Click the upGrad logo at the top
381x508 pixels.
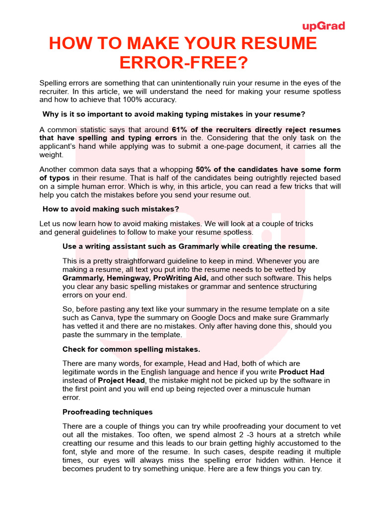coord(323,26)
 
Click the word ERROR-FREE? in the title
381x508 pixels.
coord(183,63)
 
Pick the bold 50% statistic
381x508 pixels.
coord(204,170)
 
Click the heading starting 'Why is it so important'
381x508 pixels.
coord(174,114)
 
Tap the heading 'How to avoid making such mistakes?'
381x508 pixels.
coord(111,209)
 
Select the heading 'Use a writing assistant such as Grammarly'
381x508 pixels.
coord(190,246)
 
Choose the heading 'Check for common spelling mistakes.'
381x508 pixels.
coord(131,349)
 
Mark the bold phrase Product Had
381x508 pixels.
coord(302,372)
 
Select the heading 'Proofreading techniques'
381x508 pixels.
coord(107,412)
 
